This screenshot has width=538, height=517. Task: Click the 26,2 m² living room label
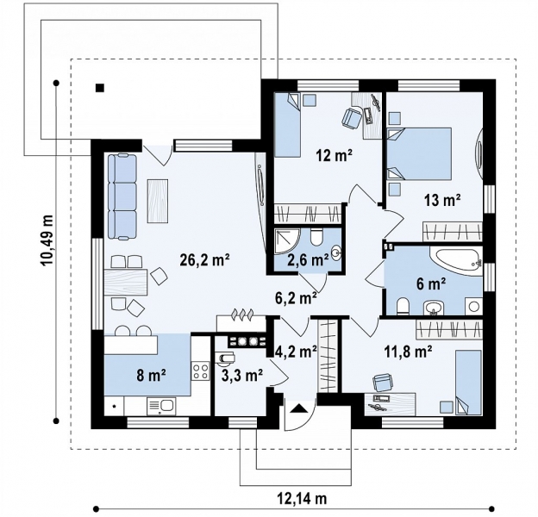coord(204,260)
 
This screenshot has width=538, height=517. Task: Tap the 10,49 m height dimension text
coord(47,240)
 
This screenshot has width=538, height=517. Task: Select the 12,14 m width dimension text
coord(302,498)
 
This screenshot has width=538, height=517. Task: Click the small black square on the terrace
coord(100,88)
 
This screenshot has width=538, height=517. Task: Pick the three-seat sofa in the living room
coord(122,196)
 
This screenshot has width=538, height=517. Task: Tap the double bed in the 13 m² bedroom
coord(419,153)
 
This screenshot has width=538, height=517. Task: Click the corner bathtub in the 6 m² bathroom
coord(456,262)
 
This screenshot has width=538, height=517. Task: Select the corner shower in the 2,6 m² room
coord(287,242)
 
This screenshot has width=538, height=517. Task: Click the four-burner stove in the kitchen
coord(200,371)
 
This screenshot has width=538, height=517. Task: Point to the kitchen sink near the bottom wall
coord(161,406)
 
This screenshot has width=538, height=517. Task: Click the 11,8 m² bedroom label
coord(408,351)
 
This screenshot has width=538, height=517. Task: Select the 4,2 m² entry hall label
coord(296,351)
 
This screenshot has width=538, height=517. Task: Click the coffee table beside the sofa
coord(158,201)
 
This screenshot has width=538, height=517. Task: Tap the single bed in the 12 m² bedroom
coord(288,125)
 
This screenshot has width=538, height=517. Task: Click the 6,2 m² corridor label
coord(296,298)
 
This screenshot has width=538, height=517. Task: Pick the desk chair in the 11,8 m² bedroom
coord(382,382)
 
